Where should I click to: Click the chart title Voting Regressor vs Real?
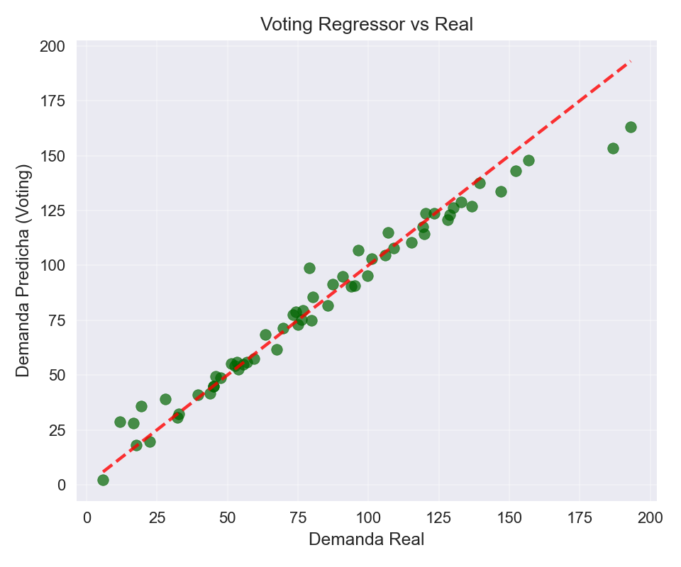pos(366,25)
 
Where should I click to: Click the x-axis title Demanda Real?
pos(366,539)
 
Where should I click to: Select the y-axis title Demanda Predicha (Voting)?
pos(23,271)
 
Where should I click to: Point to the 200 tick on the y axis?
pos(52,47)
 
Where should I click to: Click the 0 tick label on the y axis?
pos(61,485)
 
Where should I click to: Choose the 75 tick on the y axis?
pos(57,320)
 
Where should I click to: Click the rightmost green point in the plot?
pos(631,128)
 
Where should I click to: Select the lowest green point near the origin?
pos(103,480)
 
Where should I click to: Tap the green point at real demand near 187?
pos(613,148)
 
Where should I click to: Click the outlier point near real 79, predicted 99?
pos(309,268)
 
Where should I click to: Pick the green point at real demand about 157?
pos(528,160)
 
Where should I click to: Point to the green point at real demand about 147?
pos(501,191)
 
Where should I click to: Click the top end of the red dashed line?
pos(630,62)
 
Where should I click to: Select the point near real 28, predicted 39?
pos(165,399)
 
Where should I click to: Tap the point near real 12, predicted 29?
pos(120,422)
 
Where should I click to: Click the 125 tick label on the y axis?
pos(52,210)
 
